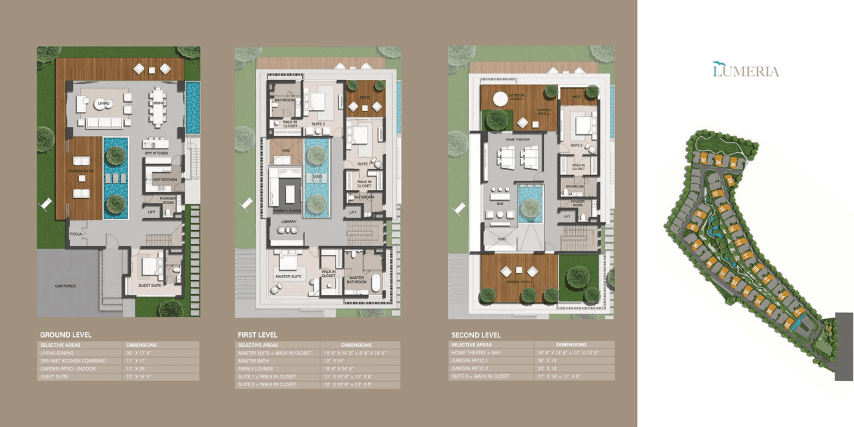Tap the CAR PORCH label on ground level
click(65, 286)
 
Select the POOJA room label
click(75, 235)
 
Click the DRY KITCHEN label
click(156, 153)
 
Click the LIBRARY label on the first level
click(288, 222)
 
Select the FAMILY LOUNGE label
click(287, 211)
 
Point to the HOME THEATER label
click(517, 139)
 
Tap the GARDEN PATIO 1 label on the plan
click(519, 282)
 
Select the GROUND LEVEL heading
click(65, 335)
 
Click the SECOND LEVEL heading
click(476, 335)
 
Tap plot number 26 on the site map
click(733, 163)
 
